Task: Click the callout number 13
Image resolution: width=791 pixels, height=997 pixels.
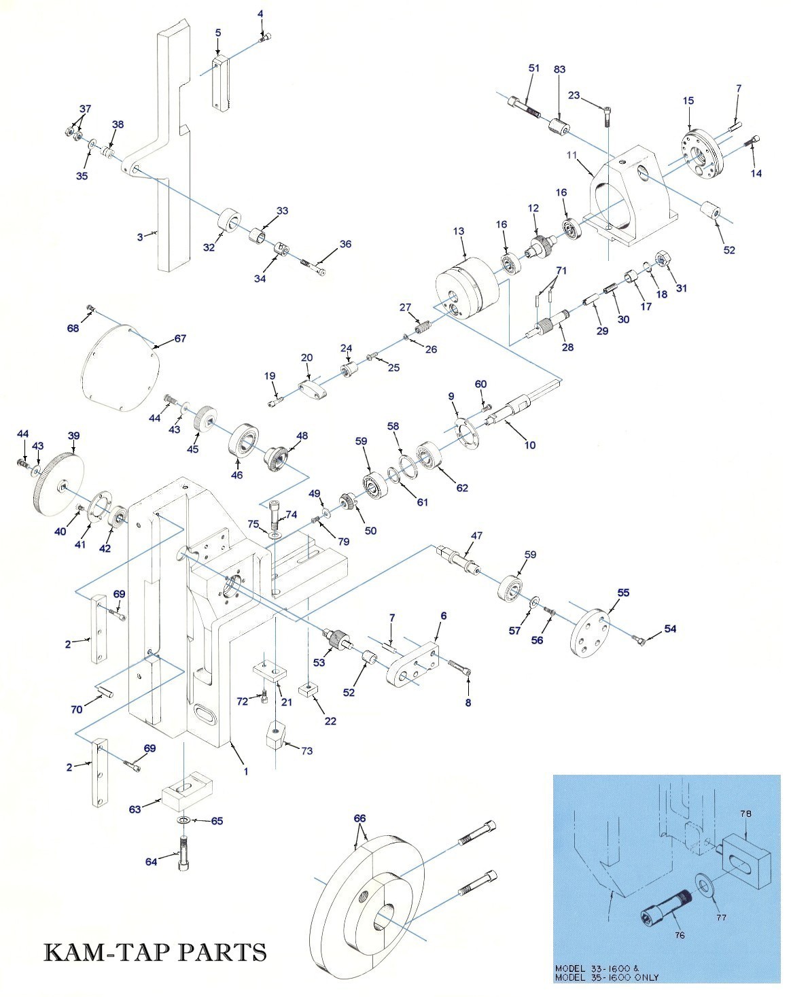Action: (459, 231)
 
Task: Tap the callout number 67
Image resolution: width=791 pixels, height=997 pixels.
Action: (180, 338)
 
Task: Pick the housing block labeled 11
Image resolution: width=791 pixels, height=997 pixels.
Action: (631, 199)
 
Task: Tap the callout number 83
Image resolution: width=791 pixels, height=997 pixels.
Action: (559, 69)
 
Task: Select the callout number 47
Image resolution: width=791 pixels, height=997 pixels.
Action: (476, 536)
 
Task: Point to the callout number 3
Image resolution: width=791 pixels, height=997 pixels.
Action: (140, 237)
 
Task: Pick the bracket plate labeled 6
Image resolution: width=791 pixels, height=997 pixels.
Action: (412, 663)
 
